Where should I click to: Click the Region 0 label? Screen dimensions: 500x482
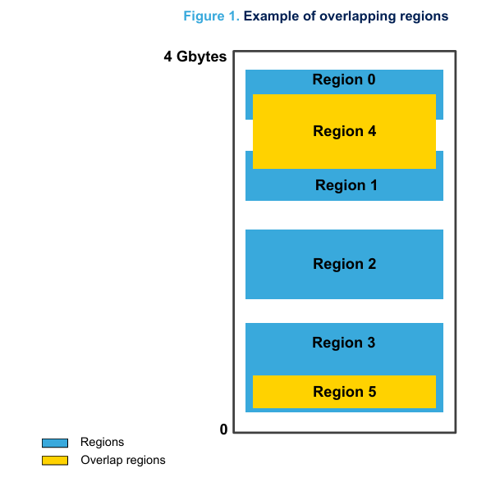[344, 80]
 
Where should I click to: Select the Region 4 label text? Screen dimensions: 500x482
[344, 131]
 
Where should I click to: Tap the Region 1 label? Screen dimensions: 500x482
[346, 185]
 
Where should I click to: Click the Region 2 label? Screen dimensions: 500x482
[344, 264]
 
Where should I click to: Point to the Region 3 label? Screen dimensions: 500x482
[344, 343]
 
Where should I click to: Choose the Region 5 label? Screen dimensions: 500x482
[344, 392]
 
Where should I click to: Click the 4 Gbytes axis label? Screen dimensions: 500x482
[195, 57]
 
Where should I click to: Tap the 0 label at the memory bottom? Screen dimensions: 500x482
[223, 430]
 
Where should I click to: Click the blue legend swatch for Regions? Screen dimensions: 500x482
[55, 443]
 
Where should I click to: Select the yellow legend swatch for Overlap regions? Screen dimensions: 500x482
[55, 461]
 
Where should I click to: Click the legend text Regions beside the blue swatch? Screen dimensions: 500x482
[102, 443]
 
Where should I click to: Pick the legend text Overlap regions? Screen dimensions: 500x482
[123, 461]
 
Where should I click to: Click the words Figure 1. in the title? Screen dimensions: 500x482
[212, 16]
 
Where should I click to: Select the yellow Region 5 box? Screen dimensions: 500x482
[344, 392]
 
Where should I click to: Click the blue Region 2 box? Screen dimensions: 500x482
[344, 264]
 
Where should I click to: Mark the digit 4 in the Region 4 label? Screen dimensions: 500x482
[372, 131]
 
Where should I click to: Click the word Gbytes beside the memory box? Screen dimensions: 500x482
[201, 57]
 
